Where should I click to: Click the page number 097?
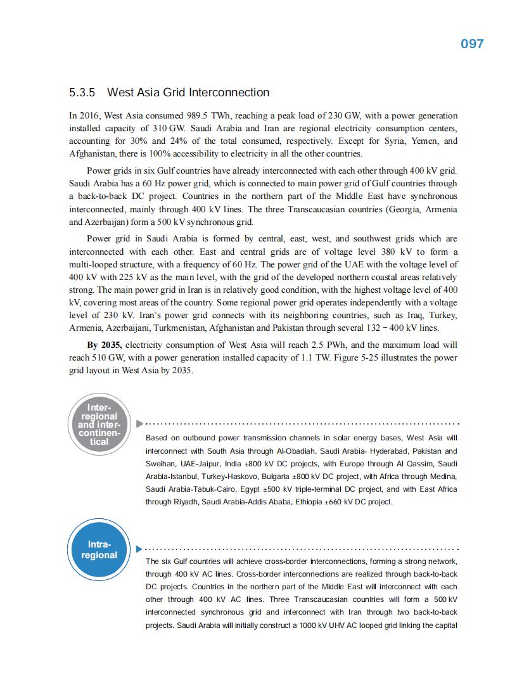[x=471, y=44]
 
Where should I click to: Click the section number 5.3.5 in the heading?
[x=82, y=93]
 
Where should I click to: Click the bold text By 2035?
[x=105, y=345]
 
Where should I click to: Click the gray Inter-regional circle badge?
[x=99, y=424]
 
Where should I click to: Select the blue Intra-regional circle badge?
[x=99, y=549]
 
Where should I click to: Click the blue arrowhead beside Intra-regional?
[x=139, y=549]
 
